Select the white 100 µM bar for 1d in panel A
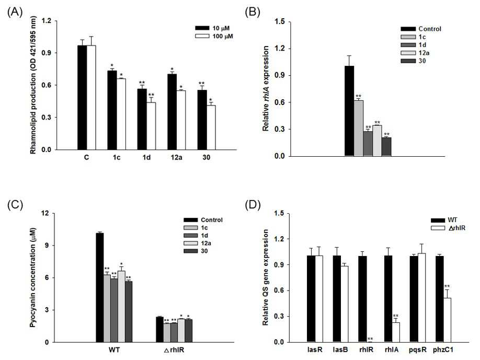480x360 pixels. [151, 126]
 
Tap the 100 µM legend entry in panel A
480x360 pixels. [214, 36]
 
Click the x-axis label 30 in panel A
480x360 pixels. [207, 157]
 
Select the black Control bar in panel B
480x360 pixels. [349, 111]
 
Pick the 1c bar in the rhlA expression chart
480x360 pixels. [359, 129]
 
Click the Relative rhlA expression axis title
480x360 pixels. [266, 89]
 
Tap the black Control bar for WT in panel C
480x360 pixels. [100, 287]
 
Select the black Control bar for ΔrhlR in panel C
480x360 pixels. [160, 330]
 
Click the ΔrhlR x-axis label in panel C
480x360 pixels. [174, 350]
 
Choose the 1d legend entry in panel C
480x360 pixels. [196, 236]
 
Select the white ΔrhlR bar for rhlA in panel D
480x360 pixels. [396, 332]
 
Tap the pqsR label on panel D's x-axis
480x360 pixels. [418, 350]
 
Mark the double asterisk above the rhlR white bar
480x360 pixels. [370, 339]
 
